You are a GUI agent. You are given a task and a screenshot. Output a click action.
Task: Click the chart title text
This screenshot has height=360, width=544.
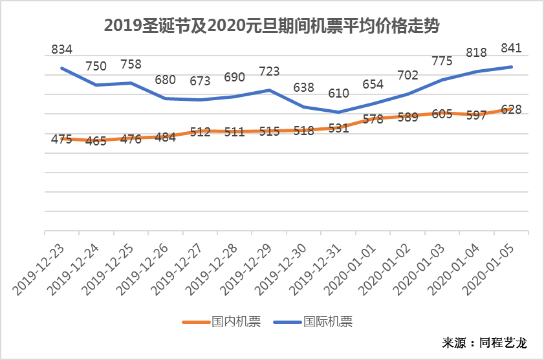[272, 25]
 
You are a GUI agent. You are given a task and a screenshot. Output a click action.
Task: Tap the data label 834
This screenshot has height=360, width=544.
[61, 49]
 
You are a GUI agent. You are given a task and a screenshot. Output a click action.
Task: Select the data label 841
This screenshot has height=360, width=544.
[511, 48]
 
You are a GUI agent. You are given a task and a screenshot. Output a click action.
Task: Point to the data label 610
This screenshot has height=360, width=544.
[338, 93]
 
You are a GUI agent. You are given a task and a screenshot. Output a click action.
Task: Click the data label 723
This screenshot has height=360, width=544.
[269, 71]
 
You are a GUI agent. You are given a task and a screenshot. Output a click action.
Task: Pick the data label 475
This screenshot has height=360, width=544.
[61, 140]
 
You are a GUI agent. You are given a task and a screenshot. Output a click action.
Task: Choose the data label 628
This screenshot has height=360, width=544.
[511, 109]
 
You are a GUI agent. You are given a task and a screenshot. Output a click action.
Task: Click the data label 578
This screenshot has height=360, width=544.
[373, 119]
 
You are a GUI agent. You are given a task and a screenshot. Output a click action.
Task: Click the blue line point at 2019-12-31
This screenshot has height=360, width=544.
[338, 112]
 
